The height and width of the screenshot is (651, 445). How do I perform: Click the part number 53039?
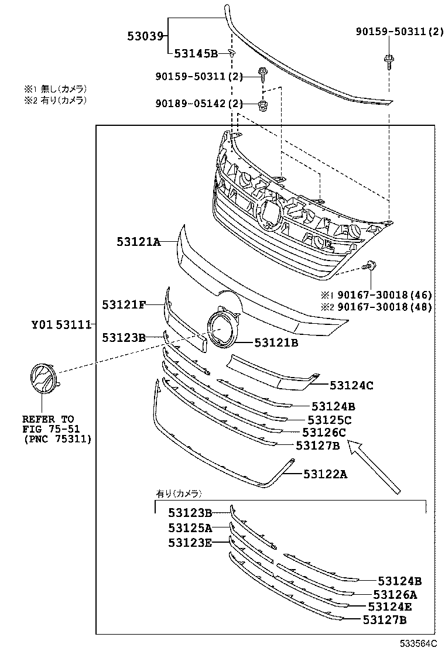coord(145,36)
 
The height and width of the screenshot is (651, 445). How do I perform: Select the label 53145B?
coord(196,54)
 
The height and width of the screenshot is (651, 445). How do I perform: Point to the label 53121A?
coord(138,241)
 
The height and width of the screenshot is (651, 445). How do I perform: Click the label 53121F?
coord(124,305)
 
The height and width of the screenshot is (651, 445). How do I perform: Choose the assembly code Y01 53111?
coord(61,324)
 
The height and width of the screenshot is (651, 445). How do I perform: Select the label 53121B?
coord(276,343)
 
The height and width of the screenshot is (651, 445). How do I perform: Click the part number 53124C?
coord(351,385)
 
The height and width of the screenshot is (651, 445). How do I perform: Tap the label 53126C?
coord(324,433)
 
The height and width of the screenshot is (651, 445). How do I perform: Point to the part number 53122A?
coord(325,474)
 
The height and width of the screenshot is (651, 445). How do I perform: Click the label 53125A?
coord(190,528)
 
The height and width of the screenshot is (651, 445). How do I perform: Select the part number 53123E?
coord(190,543)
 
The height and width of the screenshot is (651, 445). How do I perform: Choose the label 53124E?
coord(390,607)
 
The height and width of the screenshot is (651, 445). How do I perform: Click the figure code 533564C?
coord(419,643)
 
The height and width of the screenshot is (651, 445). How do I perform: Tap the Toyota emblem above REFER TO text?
coord(42,378)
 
